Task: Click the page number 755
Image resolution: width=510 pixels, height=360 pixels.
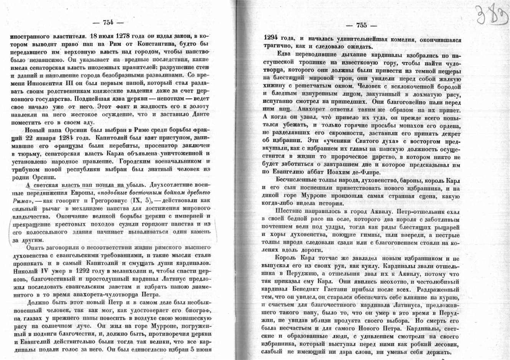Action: pos(361,25)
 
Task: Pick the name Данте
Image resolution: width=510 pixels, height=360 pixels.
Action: pos(197,114)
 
